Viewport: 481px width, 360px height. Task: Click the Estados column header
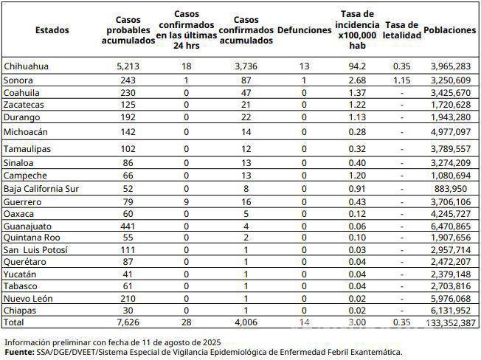pyautogui.click(x=52, y=30)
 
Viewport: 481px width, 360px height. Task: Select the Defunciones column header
pyautogui.click(x=305, y=30)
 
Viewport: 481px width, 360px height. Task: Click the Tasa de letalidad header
pyautogui.click(x=403, y=30)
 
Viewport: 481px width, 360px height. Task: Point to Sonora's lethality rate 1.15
pyautogui.click(x=402, y=80)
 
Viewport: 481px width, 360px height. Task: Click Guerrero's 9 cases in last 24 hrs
pyautogui.click(x=187, y=201)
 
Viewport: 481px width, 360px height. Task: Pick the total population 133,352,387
pyautogui.click(x=451, y=323)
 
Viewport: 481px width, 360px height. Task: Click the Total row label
pyautogui.click(x=14, y=323)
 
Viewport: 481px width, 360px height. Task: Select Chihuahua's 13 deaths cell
pyautogui.click(x=304, y=66)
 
